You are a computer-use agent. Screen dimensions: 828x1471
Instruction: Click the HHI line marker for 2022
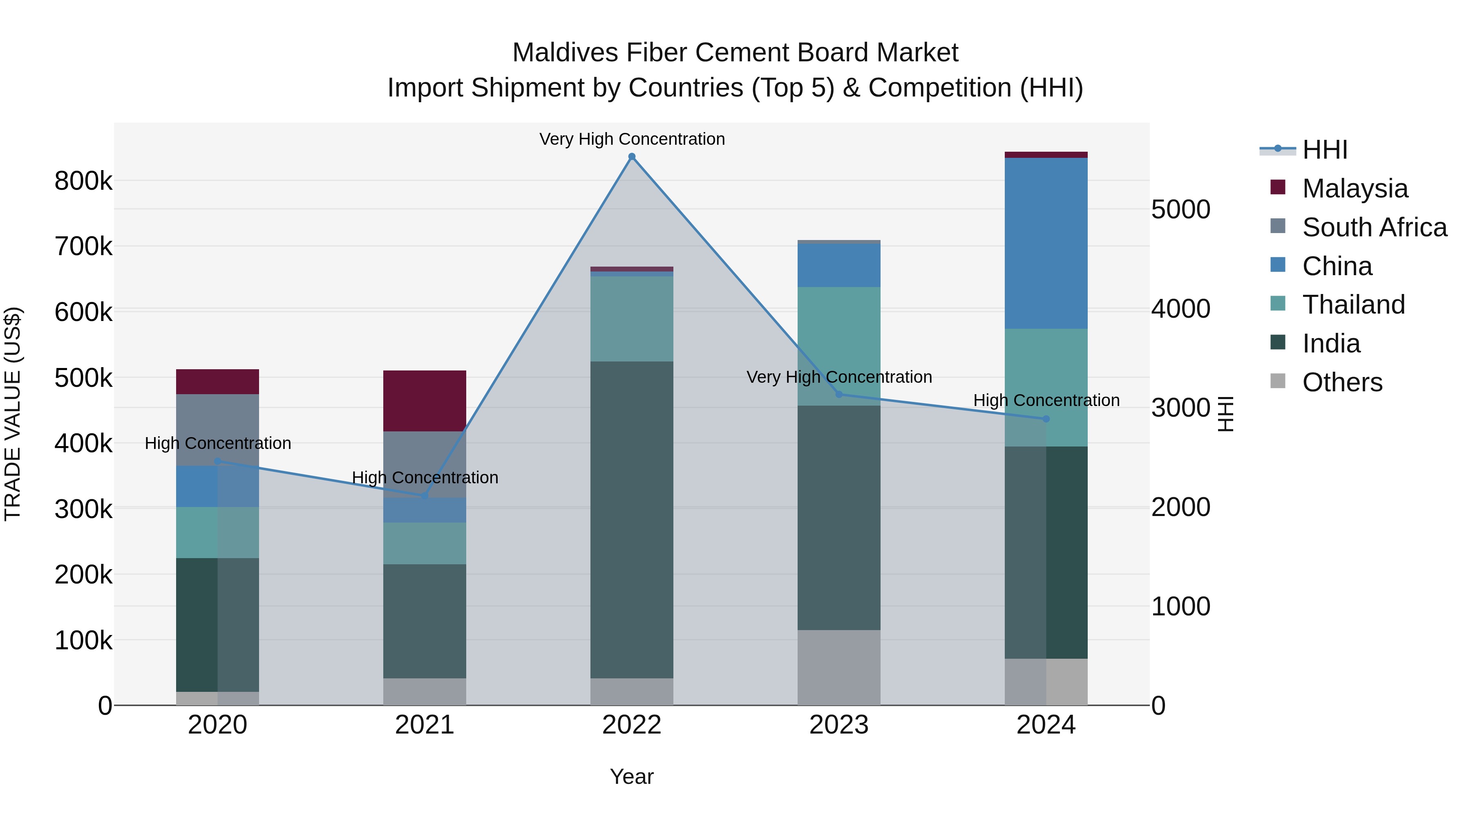pyautogui.click(x=632, y=157)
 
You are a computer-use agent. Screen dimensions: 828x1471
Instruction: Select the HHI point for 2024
pyautogui.click(x=1046, y=419)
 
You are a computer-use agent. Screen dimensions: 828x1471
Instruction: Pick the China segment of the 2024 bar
pyautogui.click(x=1046, y=243)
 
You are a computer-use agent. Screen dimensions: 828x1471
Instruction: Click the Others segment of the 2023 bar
pyautogui.click(x=839, y=667)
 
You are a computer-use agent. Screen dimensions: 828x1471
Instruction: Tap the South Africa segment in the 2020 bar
pyautogui.click(x=217, y=430)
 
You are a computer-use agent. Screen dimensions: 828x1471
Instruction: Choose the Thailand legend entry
pyautogui.click(x=1353, y=305)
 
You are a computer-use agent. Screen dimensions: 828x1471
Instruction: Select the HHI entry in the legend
pyautogui.click(x=1324, y=150)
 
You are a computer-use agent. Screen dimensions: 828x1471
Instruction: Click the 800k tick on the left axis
pyautogui.click(x=83, y=181)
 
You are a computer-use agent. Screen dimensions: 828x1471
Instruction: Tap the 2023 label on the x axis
pyautogui.click(x=839, y=725)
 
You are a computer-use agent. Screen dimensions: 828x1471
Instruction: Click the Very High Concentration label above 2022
pyautogui.click(x=632, y=139)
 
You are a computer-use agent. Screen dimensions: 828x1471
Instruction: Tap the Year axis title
pyautogui.click(x=632, y=776)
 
